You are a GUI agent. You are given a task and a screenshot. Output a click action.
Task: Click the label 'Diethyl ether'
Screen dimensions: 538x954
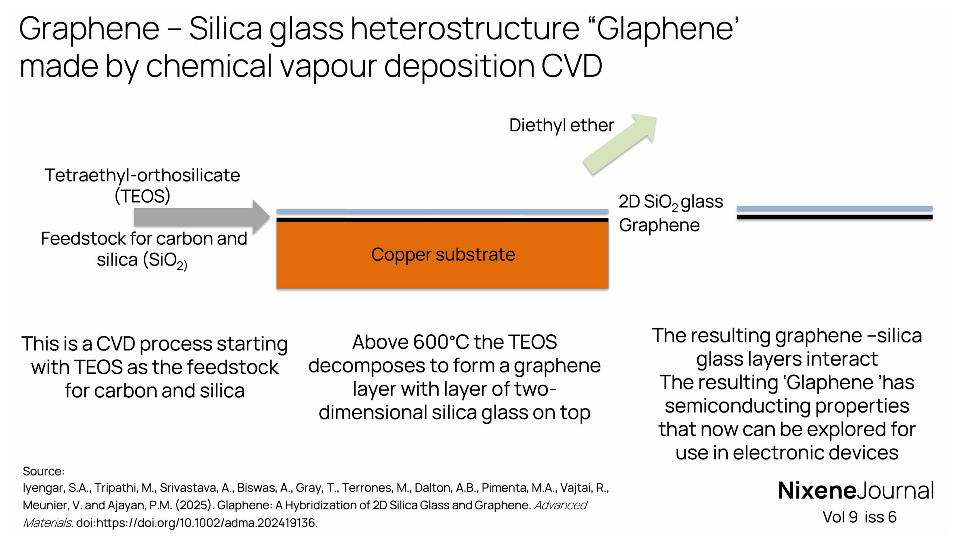tap(561, 125)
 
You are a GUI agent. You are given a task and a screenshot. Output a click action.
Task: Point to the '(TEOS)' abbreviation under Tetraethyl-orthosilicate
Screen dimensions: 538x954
tap(142, 196)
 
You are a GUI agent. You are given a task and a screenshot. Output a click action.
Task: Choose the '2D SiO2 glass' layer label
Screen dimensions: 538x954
tap(670, 202)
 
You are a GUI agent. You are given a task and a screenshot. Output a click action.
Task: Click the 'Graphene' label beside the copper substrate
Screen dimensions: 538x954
tap(659, 226)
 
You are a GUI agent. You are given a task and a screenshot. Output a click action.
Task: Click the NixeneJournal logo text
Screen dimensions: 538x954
tap(856, 491)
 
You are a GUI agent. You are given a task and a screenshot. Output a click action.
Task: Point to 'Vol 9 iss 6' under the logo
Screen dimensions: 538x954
tap(859, 517)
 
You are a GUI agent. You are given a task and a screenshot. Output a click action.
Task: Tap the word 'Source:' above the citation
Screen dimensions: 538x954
tap(44, 471)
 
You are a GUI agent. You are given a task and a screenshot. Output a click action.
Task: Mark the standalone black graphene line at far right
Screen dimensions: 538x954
tap(834, 217)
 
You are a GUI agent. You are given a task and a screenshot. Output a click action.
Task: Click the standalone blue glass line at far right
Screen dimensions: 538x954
tap(834, 208)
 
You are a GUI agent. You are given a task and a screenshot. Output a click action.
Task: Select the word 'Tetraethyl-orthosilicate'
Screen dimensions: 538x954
tap(142, 175)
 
